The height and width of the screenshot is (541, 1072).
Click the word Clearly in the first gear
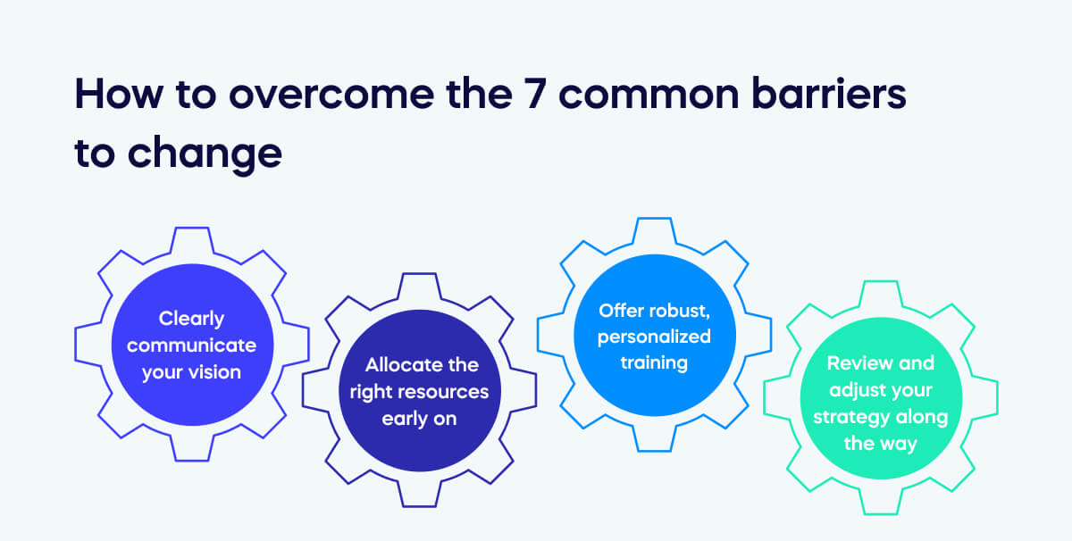click(x=191, y=318)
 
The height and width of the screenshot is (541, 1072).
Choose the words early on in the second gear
click(x=419, y=419)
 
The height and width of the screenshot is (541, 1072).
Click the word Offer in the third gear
click(x=621, y=310)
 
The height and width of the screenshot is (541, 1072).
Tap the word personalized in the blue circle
click(x=654, y=337)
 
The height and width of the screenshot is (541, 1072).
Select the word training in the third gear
click(x=654, y=363)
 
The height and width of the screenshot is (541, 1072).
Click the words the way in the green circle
click(x=881, y=444)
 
